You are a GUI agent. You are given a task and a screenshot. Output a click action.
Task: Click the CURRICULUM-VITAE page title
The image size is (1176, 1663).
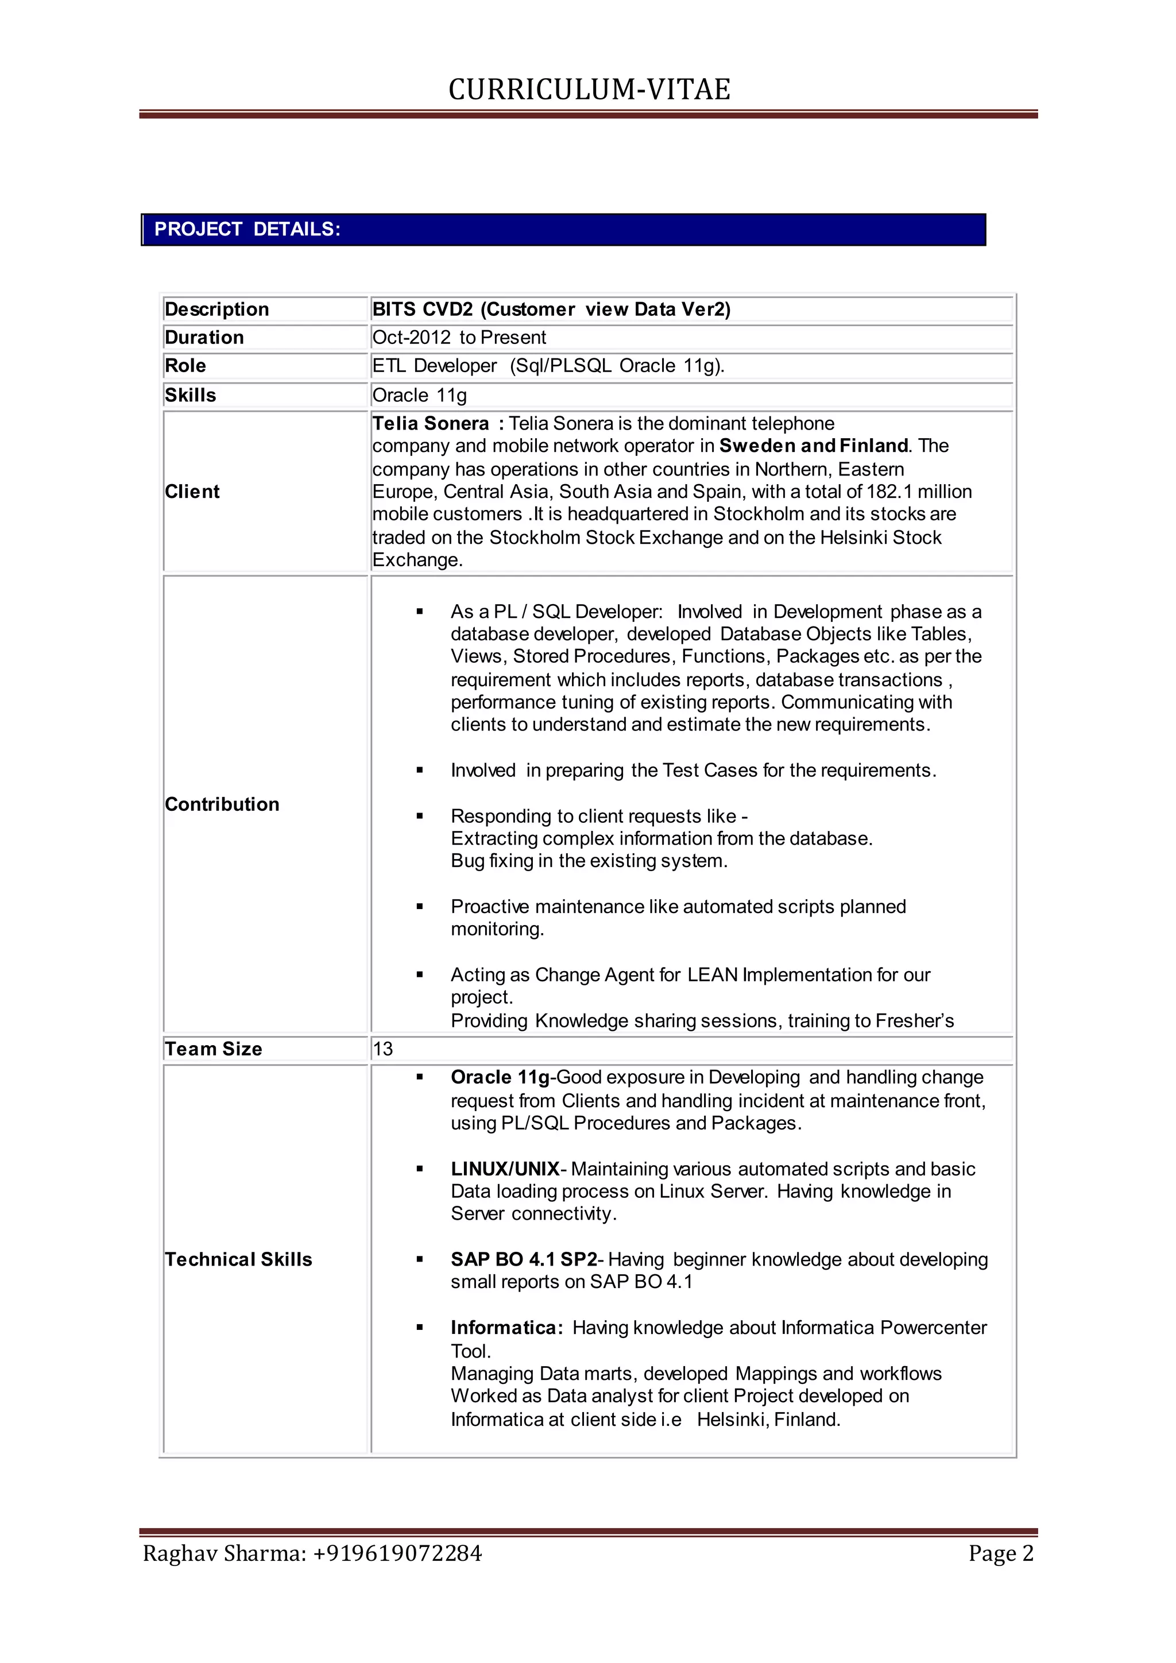click(x=589, y=90)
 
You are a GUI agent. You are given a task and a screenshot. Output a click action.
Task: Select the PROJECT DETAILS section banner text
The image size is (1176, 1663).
click(x=247, y=230)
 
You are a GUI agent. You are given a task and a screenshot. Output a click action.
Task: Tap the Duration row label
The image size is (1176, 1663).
click(x=204, y=338)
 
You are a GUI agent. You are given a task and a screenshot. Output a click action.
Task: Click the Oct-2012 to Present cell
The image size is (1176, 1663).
click(x=459, y=338)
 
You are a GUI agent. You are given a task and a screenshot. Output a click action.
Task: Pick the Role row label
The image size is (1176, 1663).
click(x=185, y=366)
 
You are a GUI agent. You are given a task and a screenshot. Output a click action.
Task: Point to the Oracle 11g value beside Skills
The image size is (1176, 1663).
click(x=419, y=396)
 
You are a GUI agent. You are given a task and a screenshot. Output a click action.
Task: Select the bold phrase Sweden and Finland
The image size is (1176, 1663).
click(x=813, y=446)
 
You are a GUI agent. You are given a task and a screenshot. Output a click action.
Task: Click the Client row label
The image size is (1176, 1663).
click(x=192, y=492)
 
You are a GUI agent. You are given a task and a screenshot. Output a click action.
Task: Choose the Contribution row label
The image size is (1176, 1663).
click(x=222, y=805)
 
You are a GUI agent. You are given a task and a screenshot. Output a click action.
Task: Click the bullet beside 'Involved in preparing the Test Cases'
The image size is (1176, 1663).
click(x=419, y=771)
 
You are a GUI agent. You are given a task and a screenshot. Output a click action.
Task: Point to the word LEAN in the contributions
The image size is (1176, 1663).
click(x=713, y=975)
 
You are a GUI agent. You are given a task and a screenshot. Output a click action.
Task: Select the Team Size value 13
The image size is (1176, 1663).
click(x=382, y=1050)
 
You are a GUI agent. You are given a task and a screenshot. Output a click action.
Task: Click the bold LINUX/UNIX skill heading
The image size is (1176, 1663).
click(x=505, y=1169)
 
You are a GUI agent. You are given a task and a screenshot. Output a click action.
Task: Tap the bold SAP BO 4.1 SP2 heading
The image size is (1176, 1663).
click(x=523, y=1259)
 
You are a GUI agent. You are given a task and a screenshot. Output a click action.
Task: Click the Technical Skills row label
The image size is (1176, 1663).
click(x=238, y=1259)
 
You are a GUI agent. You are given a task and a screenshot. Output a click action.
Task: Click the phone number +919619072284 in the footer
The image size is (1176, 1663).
click(x=397, y=1554)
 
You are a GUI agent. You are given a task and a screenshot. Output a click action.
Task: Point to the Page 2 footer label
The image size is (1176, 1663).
click(x=1001, y=1554)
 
